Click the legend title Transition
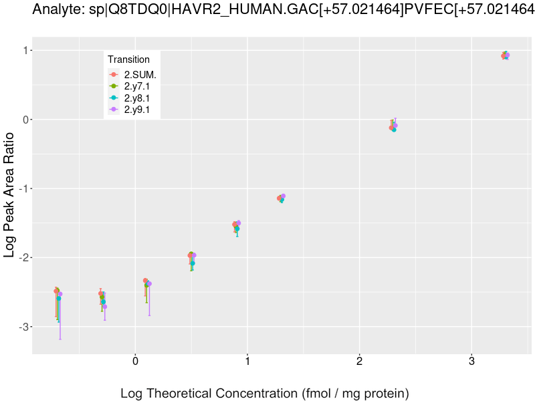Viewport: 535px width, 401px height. point(128,59)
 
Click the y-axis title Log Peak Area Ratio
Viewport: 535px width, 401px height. point(10,194)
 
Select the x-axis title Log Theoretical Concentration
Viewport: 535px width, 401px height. point(264,393)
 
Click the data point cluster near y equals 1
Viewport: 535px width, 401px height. point(506,55)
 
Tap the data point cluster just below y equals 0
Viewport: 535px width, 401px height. point(393,126)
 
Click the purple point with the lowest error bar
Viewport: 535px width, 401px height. point(60,294)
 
